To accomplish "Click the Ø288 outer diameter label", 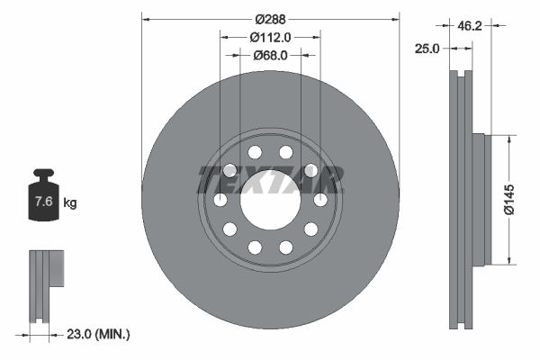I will tap(270, 19).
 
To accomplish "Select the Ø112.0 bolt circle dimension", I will tap(270, 38).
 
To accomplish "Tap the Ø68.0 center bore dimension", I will tap(270, 56).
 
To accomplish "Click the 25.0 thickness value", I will tap(426, 49).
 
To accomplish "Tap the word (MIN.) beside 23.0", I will tap(114, 334).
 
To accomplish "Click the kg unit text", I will tap(70, 203).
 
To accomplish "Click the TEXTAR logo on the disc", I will tap(270, 179).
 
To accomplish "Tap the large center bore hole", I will tap(270, 199).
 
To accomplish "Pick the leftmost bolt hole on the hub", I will tap(220, 200).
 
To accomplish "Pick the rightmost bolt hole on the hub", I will tap(320, 200).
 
